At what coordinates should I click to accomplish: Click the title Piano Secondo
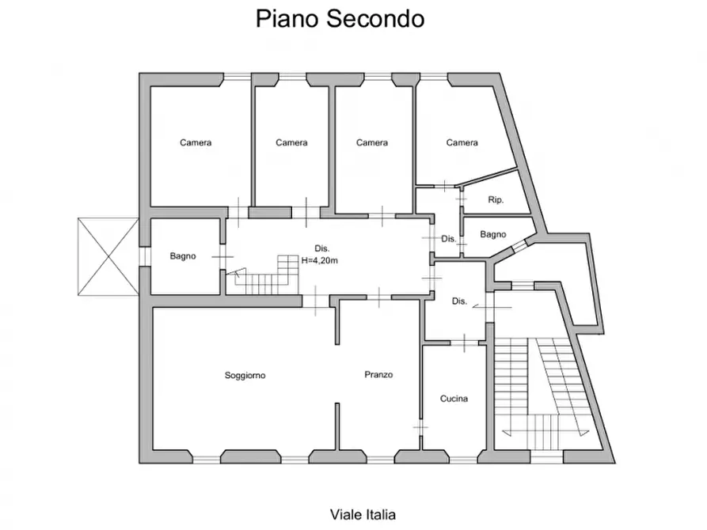point(340,19)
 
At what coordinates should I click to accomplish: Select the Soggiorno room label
point(245,376)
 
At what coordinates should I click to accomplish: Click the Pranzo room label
point(378,375)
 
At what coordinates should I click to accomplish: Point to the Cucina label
point(454,399)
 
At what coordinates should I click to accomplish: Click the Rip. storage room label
point(496,199)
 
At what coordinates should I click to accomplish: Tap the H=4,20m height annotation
point(321,259)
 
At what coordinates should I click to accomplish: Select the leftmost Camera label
point(196,143)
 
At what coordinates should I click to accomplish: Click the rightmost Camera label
point(462,143)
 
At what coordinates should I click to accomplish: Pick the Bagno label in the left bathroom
point(183,256)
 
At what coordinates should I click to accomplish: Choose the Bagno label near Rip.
point(492,234)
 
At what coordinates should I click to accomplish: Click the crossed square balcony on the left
point(105,256)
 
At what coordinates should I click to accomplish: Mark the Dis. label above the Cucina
point(459,301)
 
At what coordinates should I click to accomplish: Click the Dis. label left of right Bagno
point(448,239)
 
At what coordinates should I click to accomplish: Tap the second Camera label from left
point(291,143)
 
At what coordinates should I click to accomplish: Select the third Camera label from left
point(371,143)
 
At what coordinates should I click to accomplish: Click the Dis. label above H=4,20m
point(321,246)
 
